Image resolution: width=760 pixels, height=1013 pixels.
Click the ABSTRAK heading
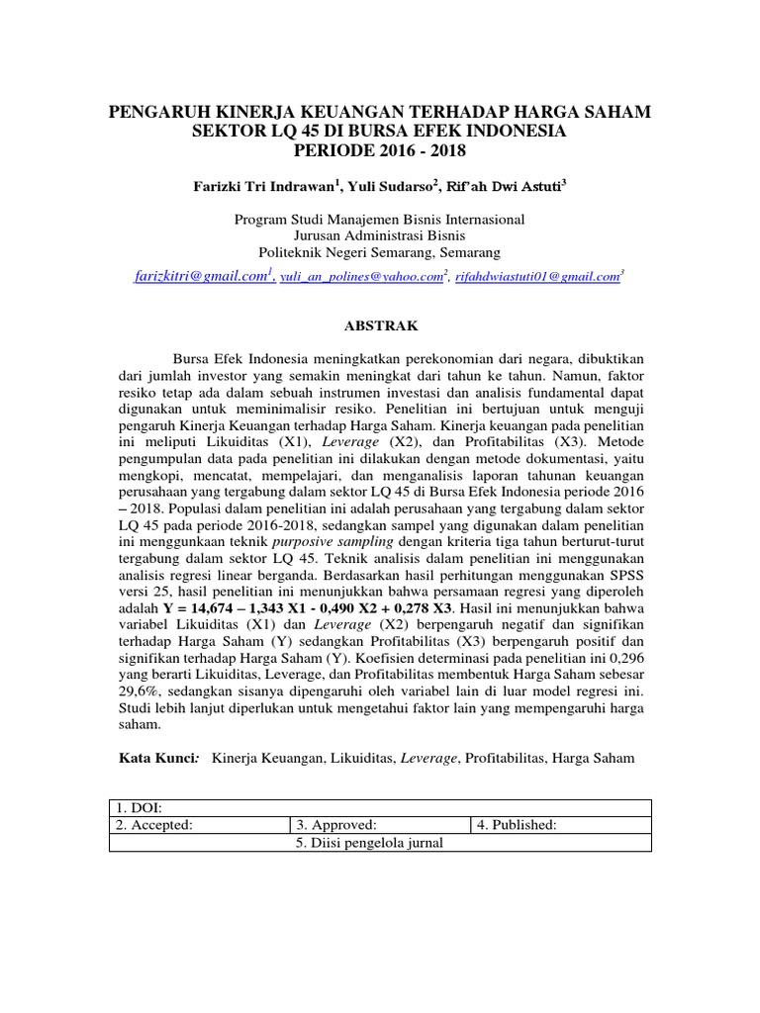tap(379, 324)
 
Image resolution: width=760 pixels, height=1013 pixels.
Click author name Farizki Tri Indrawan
tap(254, 185)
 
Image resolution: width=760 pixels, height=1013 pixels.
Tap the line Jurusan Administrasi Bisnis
tap(379, 235)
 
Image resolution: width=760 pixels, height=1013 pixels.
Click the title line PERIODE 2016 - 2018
tap(379, 150)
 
